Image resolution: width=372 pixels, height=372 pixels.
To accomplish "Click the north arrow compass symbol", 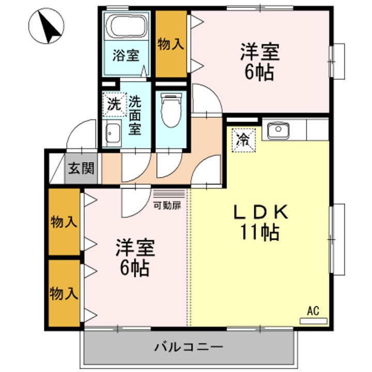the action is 47,26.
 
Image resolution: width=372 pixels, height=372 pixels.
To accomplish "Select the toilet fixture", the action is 171,110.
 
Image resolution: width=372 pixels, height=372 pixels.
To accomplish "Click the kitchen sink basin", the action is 278,130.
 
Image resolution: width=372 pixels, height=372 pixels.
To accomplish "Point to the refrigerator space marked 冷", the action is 244,140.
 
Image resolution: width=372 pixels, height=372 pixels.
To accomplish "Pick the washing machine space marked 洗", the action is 114,104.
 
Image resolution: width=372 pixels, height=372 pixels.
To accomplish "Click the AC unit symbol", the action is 314,321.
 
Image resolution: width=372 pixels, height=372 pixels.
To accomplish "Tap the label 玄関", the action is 81,168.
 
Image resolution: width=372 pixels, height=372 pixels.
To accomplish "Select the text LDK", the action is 260,212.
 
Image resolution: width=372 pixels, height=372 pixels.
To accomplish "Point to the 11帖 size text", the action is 260,232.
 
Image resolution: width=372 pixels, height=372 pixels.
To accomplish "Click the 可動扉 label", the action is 167,206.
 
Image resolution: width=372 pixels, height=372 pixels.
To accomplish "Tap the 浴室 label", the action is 126,55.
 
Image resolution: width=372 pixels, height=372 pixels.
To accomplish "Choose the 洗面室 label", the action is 135,116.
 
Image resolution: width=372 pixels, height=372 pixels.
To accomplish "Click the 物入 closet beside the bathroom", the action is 171,44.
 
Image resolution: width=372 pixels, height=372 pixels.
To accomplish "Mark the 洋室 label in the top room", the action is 260,52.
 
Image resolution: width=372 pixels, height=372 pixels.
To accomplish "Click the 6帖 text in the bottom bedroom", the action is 134,268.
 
